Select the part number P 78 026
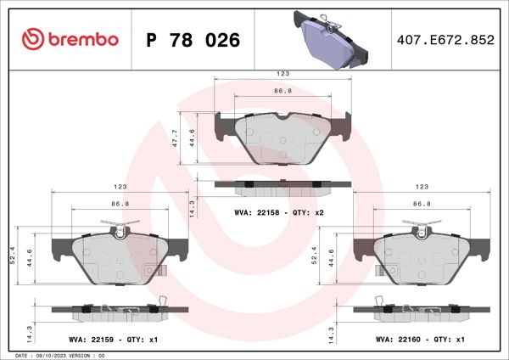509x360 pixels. click(x=193, y=40)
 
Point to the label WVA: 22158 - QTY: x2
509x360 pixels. click(x=281, y=212)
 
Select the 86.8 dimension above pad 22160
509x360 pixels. click(x=422, y=204)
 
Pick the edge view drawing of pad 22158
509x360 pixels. click(x=282, y=184)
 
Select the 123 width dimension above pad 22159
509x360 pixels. click(x=120, y=186)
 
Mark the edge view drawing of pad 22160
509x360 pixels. click(x=422, y=311)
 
